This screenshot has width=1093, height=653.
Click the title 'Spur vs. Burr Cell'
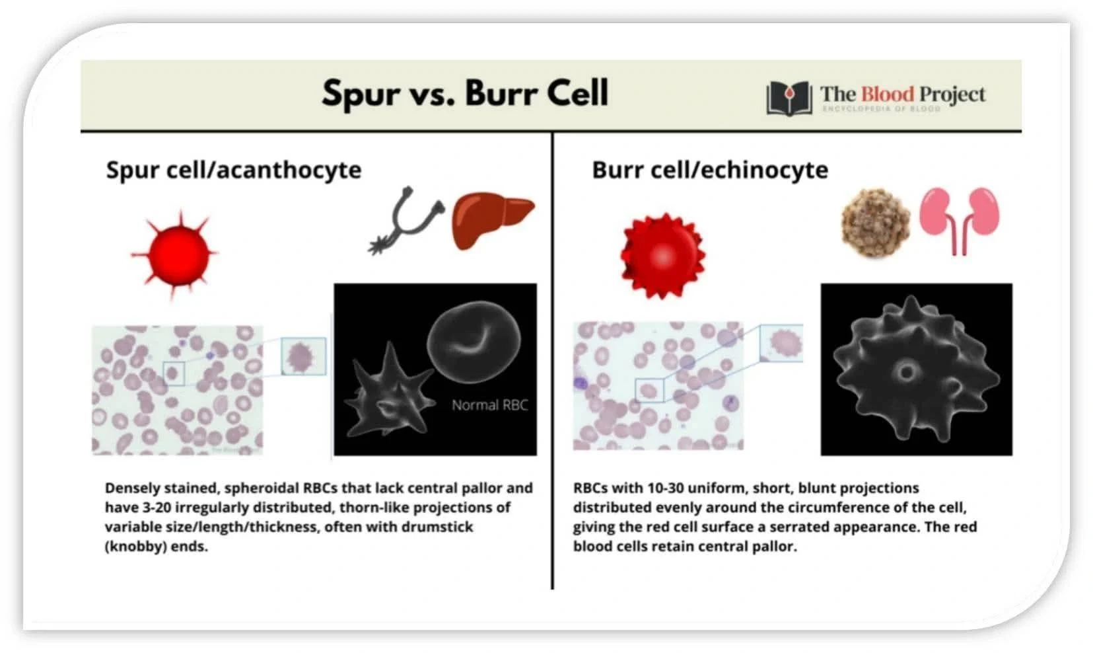click(x=465, y=93)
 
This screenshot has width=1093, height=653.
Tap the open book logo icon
click(x=789, y=98)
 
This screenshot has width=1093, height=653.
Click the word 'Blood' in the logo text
click(x=887, y=94)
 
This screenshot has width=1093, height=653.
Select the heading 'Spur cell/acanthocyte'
click(x=234, y=170)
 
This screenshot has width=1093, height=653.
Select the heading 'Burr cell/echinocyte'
click(x=710, y=170)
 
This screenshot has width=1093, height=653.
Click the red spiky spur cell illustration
click(x=174, y=254)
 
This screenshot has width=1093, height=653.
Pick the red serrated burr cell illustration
click(x=662, y=255)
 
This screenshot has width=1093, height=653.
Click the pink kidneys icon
click(x=960, y=221)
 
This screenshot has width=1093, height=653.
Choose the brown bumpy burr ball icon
click(x=876, y=223)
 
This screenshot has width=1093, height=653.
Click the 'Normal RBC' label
click(x=489, y=405)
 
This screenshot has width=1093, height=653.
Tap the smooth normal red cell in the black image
click(x=474, y=342)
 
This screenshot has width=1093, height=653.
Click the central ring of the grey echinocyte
click(x=906, y=373)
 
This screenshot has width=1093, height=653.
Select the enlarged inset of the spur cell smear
click(x=304, y=356)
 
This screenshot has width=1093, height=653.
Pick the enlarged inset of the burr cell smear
click(x=782, y=343)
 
